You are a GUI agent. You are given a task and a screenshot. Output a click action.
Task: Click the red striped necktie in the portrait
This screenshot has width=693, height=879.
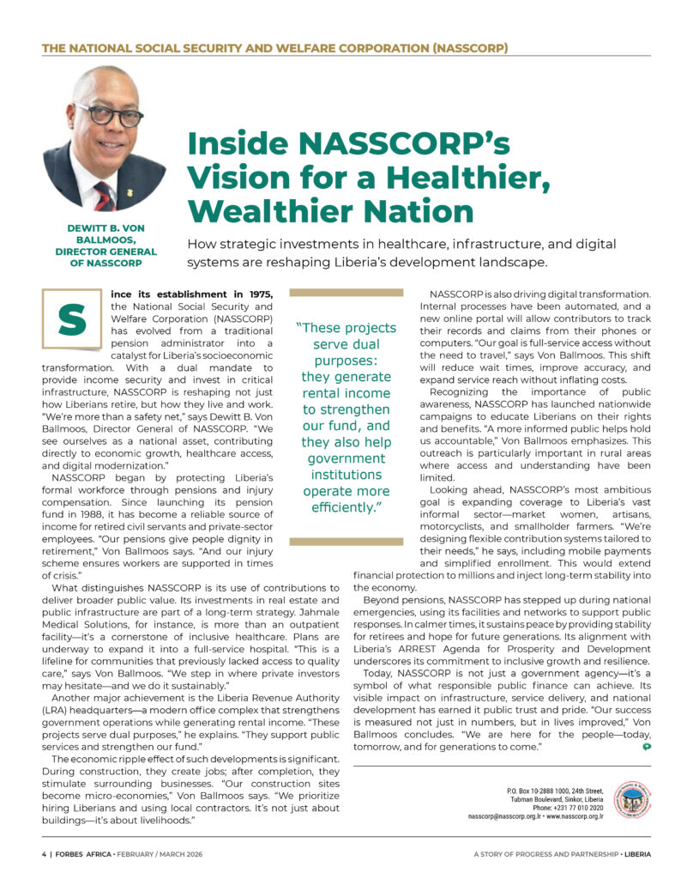tap(104, 196)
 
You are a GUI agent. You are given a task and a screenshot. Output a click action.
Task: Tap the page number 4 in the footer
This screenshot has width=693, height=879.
tap(44, 855)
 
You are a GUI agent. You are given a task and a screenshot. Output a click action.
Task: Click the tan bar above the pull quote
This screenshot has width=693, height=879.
tap(346, 294)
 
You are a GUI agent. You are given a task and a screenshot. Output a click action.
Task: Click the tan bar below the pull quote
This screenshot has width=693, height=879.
tap(346, 542)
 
